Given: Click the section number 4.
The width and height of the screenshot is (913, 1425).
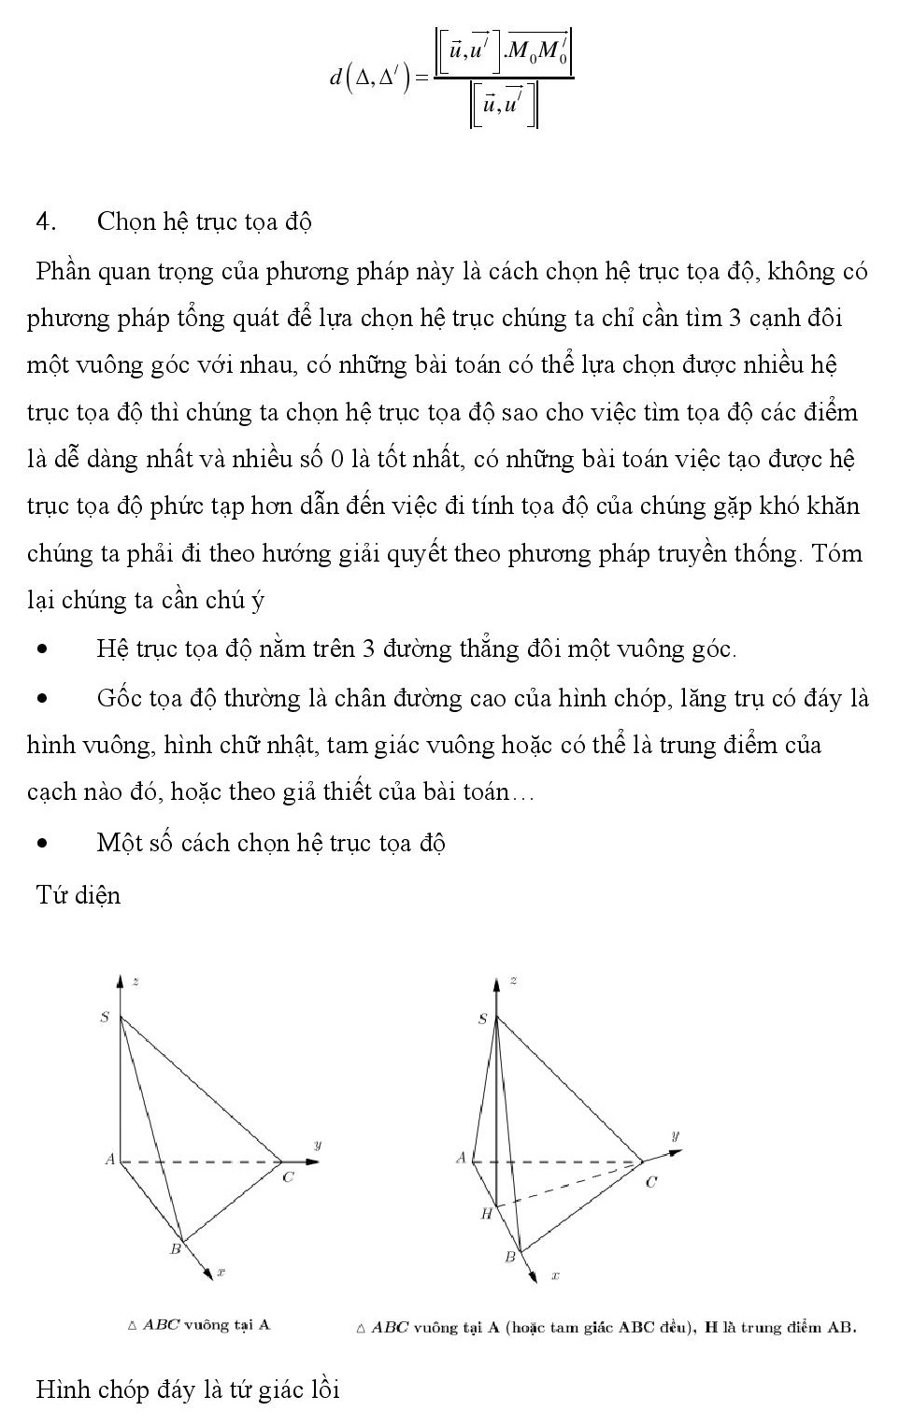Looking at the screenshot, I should point(46,222).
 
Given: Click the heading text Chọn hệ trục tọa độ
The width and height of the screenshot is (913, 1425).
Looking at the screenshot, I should point(204,222).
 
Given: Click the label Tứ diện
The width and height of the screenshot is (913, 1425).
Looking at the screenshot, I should point(78,895).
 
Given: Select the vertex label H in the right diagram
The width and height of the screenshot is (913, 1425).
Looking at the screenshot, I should point(486,1214).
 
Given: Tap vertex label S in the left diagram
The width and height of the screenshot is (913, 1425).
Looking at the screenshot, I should point(104,1018).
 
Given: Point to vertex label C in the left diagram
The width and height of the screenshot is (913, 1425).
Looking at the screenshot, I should point(288,1177).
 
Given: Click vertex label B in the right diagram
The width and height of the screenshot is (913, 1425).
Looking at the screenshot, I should point(510,1258).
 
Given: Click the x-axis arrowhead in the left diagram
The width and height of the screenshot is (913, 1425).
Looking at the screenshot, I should point(207,1271).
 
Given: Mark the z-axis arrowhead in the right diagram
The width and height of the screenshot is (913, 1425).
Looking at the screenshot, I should point(495,982).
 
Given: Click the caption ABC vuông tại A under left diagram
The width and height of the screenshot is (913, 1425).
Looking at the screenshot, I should point(199,1325).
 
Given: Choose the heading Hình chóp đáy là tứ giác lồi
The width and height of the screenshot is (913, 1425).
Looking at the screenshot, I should point(188,1389).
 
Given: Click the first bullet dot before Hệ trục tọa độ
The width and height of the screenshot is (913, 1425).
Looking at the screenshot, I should point(42,649).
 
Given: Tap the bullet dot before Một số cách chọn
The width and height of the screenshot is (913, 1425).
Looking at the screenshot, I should point(42,843).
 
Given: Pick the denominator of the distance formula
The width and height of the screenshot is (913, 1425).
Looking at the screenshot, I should point(504,107).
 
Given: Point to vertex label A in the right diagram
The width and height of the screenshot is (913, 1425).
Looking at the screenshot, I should point(461,1158).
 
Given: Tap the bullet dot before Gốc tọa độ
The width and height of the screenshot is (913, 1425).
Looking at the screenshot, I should point(42,699).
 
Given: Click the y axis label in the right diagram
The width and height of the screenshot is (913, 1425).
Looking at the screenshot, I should point(675,1135).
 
